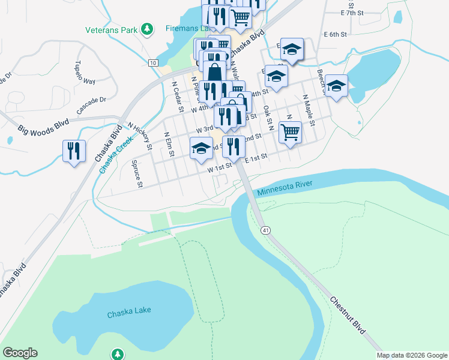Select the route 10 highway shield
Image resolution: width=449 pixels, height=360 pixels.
154,63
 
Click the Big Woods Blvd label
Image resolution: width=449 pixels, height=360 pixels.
43,126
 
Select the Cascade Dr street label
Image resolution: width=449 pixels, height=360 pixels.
91,106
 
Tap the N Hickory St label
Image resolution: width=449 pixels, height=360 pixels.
139,135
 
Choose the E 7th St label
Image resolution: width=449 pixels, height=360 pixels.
352,12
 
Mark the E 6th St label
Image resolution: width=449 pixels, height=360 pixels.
335,35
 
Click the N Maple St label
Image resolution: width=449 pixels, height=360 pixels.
309,109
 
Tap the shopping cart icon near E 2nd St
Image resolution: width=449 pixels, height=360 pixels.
290,131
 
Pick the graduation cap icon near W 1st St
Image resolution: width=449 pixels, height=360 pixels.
201,148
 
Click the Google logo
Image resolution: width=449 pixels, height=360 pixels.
20,353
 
